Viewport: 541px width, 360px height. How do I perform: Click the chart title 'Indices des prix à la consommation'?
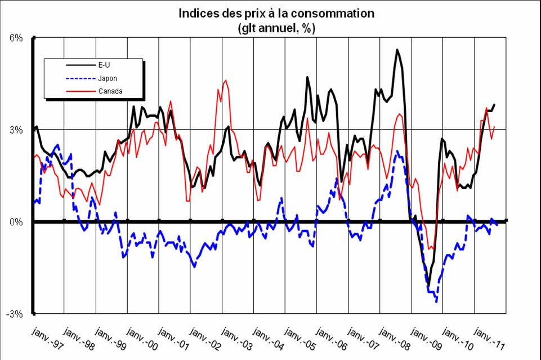276,13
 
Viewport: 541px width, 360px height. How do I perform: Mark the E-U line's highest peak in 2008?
397,50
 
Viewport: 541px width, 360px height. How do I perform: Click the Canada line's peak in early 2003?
226,81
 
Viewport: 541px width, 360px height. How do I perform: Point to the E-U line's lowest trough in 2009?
428,286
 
